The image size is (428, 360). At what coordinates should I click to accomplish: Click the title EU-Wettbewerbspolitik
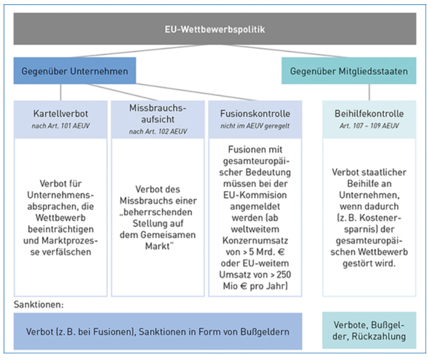click(215, 29)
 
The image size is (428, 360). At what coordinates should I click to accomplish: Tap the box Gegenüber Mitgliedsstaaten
click(349, 71)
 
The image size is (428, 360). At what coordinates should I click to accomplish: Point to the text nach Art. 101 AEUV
click(60, 124)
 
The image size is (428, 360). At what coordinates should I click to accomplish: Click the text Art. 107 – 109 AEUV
click(369, 124)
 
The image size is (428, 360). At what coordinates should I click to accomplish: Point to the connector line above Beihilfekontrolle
click(369, 92)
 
